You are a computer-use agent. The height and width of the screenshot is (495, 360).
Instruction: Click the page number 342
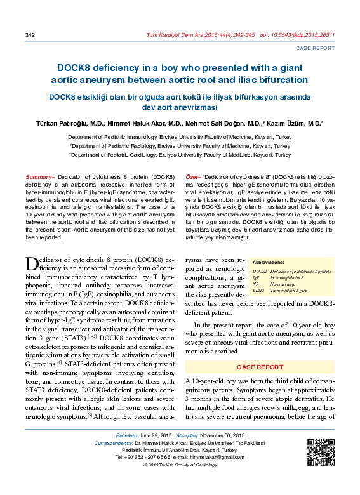29,34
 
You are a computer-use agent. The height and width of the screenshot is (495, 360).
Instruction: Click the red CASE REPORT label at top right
316,48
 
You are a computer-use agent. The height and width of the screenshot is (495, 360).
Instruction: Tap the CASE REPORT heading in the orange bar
260,367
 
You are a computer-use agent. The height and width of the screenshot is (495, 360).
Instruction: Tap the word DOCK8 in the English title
77,67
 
